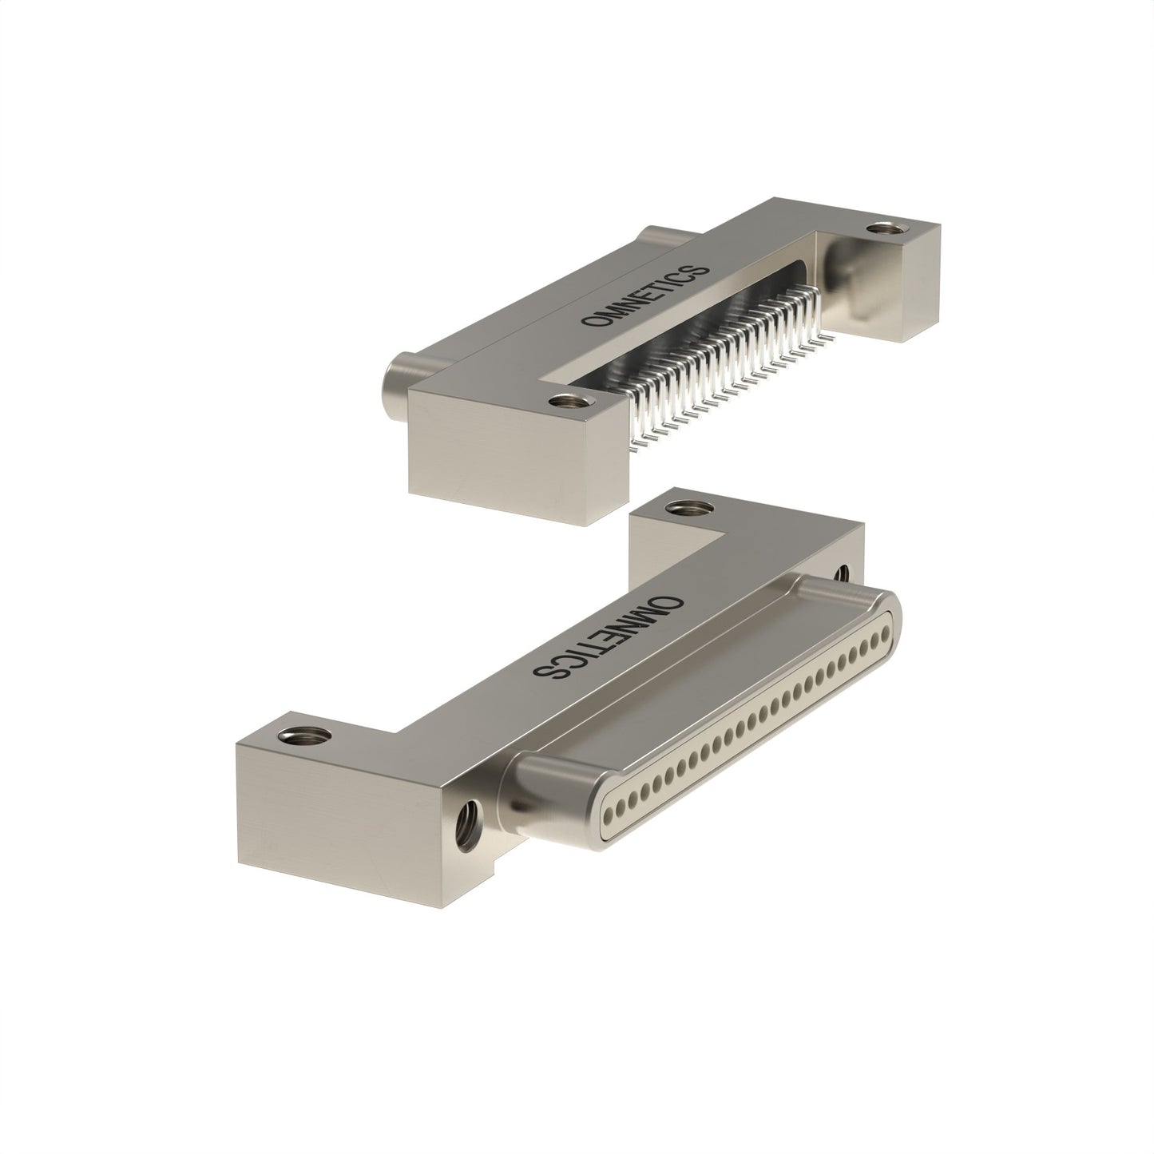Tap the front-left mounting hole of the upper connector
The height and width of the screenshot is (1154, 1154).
(565, 402)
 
